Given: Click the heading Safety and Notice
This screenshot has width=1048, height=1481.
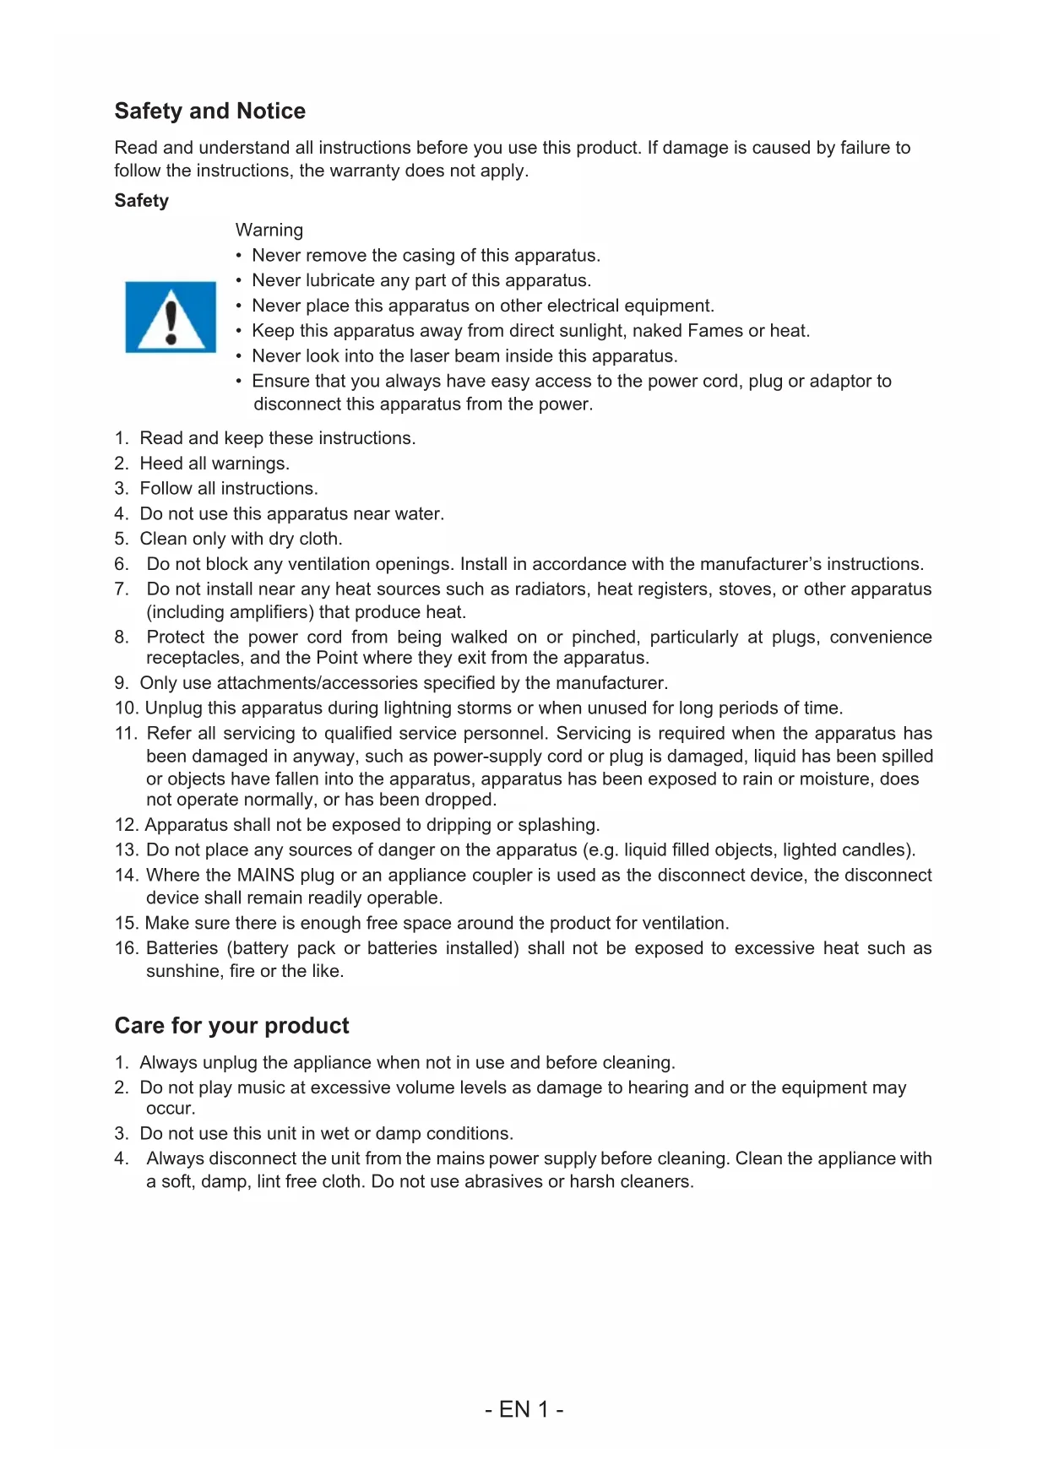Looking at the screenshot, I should click(x=209, y=111).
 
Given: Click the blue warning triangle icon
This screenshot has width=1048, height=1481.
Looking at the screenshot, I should click(x=171, y=317).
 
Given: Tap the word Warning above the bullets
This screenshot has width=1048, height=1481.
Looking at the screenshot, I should click(x=269, y=230).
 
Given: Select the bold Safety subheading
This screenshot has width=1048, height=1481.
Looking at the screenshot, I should click(x=141, y=201).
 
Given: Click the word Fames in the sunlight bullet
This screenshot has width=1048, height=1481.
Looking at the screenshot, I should click(x=714, y=331).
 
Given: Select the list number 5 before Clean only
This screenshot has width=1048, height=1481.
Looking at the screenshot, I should click(x=121, y=539).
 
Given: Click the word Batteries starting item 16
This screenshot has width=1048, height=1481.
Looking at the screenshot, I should click(x=182, y=948).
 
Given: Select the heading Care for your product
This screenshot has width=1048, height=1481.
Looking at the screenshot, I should click(x=231, y=1026).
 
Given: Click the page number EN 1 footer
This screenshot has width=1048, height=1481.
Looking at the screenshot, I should click(x=524, y=1409).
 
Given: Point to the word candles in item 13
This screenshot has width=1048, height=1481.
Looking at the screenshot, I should click(x=883, y=850).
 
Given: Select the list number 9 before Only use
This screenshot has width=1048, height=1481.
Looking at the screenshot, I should click(x=121, y=683).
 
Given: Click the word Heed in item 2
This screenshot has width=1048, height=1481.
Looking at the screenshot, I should click(x=161, y=464).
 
